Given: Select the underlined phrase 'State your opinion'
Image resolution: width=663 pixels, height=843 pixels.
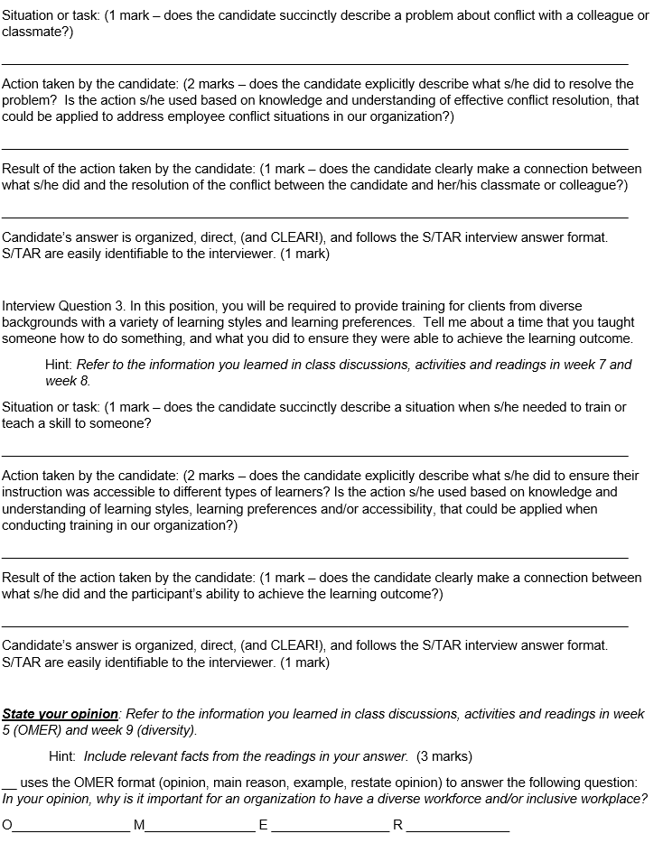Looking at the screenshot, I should pos(61,714).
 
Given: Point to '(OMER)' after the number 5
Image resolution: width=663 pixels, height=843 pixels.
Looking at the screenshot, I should pos(40,730).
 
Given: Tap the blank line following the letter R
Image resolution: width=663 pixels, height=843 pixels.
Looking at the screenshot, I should pos(457,829).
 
